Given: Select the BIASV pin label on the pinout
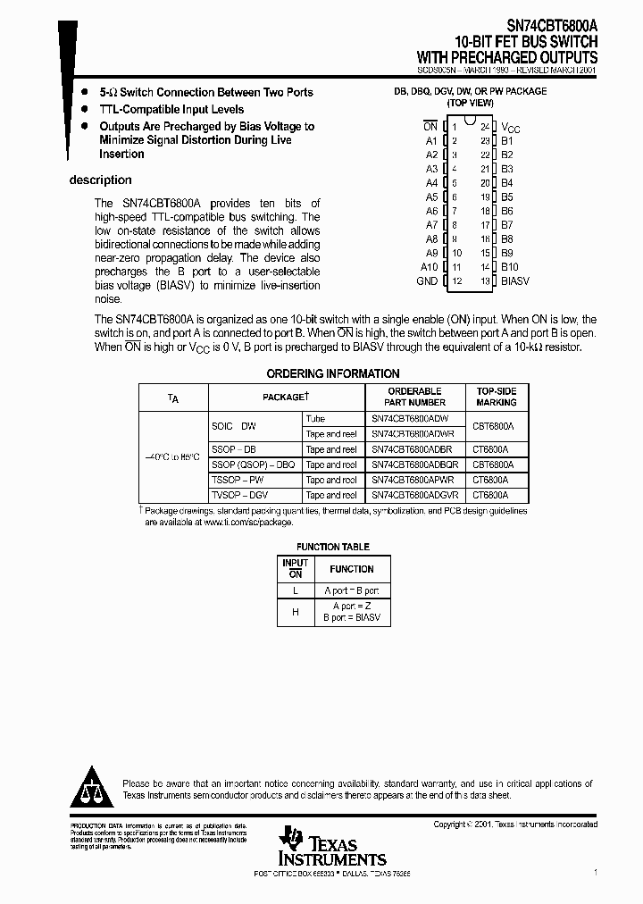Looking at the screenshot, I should tap(514, 281).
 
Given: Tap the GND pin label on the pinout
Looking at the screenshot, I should tap(427, 281).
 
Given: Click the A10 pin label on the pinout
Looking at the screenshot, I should tap(429, 267).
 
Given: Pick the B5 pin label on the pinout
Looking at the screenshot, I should tap(506, 197).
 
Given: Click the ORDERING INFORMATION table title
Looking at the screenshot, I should tap(333, 373).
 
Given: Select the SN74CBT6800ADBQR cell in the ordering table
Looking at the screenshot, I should tap(415, 465).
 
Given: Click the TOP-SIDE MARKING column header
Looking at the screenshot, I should tap(497, 397).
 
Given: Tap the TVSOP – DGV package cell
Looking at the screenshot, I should tap(239, 495).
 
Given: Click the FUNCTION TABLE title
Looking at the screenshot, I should tap(333, 547).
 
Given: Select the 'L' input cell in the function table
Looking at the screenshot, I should tap(295, 590).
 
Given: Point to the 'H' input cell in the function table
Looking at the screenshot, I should tap(295, 611).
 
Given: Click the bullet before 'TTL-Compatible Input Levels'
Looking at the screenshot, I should tap(85, 110).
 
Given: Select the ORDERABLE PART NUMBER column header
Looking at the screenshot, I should tap(414, 397).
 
